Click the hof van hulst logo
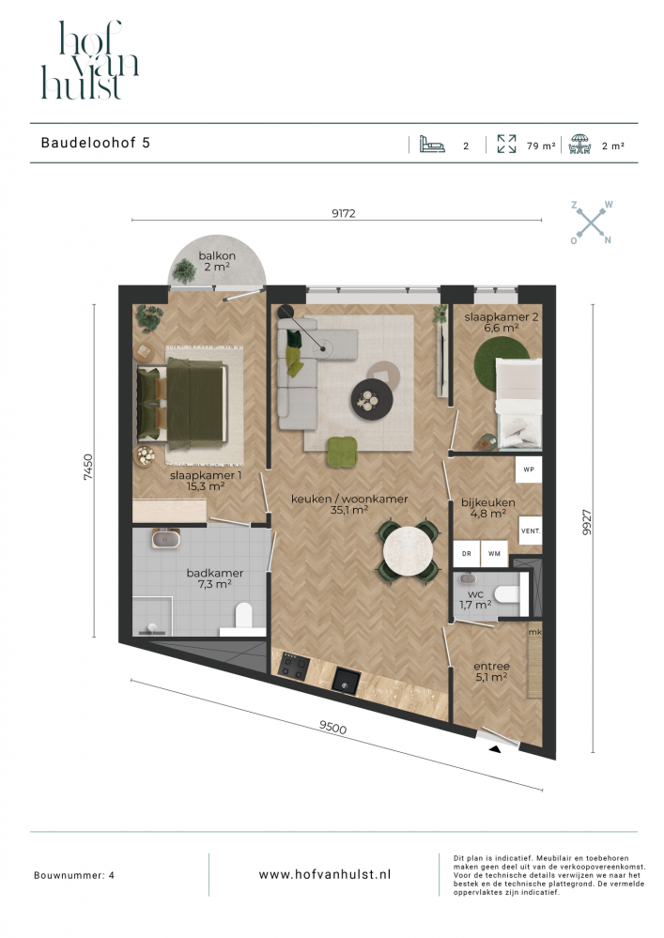pos(90,60)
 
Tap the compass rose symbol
pos(591,223)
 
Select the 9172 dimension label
pos(344,213)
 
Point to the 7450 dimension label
pos(88,468)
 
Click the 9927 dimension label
pos(586,522)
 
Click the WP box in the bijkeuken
pos(529,469)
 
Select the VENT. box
pos(531,531)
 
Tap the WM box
pos(494,554)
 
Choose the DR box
pos(467,554)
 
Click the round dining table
pos(409,551)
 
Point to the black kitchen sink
pos(347,681)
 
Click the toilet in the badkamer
pos(244,617)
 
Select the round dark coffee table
pos(372,399)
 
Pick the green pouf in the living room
pos(342,452)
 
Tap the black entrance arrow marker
pos(495,749)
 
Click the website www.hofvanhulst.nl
pos(325,874)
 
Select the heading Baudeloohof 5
pos(96,143)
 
